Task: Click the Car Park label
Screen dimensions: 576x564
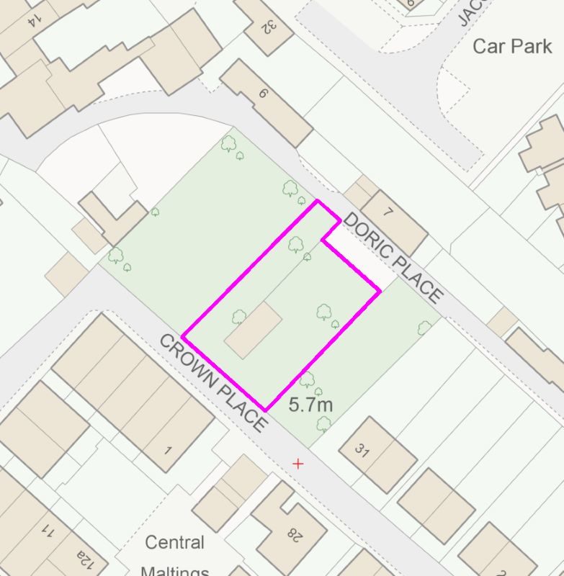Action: (x=512, y=47)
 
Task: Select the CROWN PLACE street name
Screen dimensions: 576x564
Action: (x=212, y=382)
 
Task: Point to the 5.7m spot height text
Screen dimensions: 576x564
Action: (x=310, y=405)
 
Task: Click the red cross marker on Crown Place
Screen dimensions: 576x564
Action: (x=298, y=464)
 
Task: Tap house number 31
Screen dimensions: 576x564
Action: (x=362, y=451)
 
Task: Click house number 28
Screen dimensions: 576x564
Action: (x=295, y=534)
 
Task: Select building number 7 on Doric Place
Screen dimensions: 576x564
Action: (x=390, y=212)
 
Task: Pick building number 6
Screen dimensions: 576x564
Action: (x=264, y=93)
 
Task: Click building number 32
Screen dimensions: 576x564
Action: (x=268, y=26)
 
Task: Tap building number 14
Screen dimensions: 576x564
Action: (x=32, y=21)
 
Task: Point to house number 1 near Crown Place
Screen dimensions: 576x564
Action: (x=168, y=451)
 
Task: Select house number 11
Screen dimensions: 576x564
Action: (x=49, y=532)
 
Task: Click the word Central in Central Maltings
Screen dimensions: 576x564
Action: (x=174, y=542)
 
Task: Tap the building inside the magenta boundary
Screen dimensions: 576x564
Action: (x=253, y=330)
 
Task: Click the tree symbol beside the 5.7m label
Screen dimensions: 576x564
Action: (x=308, y=380)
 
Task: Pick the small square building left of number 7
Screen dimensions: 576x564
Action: (x=357, y=193)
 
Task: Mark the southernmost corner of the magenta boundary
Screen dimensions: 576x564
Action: (x=266, y=411)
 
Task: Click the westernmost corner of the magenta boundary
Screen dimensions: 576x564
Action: (x=183, y=336)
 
